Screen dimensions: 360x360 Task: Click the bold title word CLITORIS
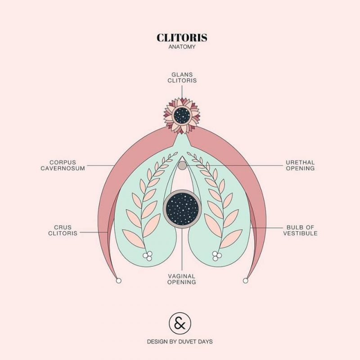(182, 38)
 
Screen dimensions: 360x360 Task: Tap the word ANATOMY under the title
(182, 47)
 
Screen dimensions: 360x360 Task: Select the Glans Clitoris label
(182, 77)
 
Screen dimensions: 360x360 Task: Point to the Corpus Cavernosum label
(63, 165)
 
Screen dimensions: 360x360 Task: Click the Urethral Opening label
(300, 165)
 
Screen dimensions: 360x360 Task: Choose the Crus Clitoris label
(63, 230)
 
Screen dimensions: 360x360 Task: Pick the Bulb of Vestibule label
(300, 230)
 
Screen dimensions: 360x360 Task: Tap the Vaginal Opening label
(182, 279)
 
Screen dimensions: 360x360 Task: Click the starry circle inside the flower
(182, 115)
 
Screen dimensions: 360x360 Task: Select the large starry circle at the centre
(182, 209)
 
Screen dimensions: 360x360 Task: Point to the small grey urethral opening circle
(182, 165)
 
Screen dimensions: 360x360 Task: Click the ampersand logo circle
(180, 323)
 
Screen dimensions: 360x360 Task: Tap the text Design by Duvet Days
(180, 342)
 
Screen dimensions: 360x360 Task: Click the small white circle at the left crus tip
(119, 280)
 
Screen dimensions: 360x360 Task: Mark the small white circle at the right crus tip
(245, 280)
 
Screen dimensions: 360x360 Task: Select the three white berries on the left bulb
(148, 256)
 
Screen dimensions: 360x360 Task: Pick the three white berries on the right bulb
(217, 256)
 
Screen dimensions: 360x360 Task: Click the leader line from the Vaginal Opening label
(182, 249)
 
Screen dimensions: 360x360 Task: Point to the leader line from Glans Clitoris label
(182, 92)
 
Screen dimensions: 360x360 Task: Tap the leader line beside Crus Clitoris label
(94, 232)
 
